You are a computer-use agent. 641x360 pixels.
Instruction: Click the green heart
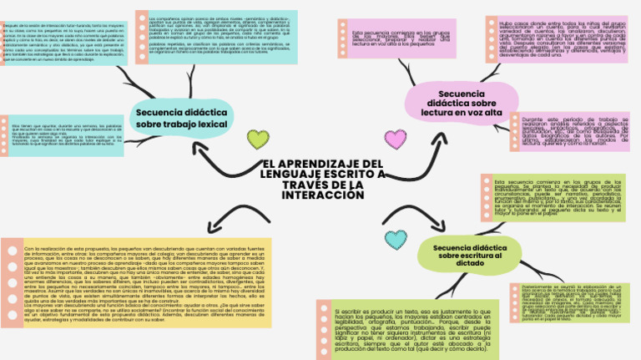(x=259, y=139)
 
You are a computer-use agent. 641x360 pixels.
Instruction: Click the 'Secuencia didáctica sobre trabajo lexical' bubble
(x=181, y=117)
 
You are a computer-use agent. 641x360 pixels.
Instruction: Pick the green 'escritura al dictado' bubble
(x=470, y=254)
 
